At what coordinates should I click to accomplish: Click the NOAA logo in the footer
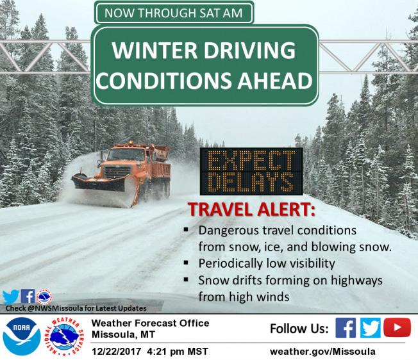[22, 336]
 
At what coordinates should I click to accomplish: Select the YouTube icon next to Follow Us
[397, 327]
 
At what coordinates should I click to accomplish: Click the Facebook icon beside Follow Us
[346, 328]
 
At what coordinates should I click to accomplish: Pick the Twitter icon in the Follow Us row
[371, 328]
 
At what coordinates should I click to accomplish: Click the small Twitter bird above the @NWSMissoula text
[11, 297]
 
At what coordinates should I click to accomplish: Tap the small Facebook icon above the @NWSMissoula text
[28, 296]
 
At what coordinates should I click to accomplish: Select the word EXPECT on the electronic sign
[251, 160]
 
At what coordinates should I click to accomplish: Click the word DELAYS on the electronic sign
[251, 182]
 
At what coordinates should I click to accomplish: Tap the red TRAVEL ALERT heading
[251, 209]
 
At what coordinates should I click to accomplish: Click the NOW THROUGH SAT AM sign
[174, 13]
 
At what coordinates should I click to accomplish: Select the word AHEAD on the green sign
[275, 81]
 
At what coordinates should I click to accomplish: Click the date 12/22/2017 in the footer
[116, 352]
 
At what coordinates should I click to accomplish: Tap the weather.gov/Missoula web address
[323, 352]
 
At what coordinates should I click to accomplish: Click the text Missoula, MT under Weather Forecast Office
[123, 334]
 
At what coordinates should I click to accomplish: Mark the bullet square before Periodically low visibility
[186, 263]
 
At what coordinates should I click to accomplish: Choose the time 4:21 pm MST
[178, 352]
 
